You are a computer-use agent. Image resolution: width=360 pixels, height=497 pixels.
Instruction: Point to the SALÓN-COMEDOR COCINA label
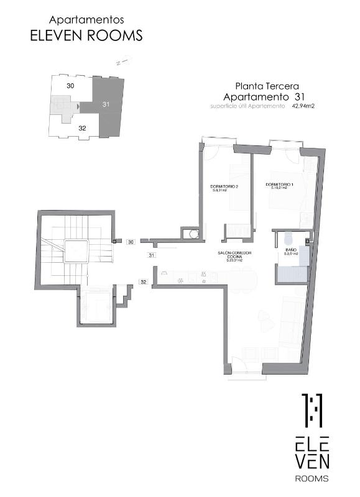234,256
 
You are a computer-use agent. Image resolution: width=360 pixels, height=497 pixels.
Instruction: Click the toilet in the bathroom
288,238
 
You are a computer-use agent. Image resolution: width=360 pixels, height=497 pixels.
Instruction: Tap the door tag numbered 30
131,241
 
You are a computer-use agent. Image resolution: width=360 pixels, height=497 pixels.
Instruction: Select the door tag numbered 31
152,255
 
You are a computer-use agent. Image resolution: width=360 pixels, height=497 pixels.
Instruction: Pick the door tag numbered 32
142,281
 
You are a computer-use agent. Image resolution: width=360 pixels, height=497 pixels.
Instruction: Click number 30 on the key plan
70,85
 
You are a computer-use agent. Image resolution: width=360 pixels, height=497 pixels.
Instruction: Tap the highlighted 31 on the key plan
106,104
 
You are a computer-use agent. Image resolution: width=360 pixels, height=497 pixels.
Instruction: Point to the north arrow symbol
122,62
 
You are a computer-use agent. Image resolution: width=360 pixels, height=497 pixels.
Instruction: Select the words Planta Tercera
267,86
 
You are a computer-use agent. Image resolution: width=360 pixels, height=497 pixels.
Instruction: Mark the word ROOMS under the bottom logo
312,478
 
